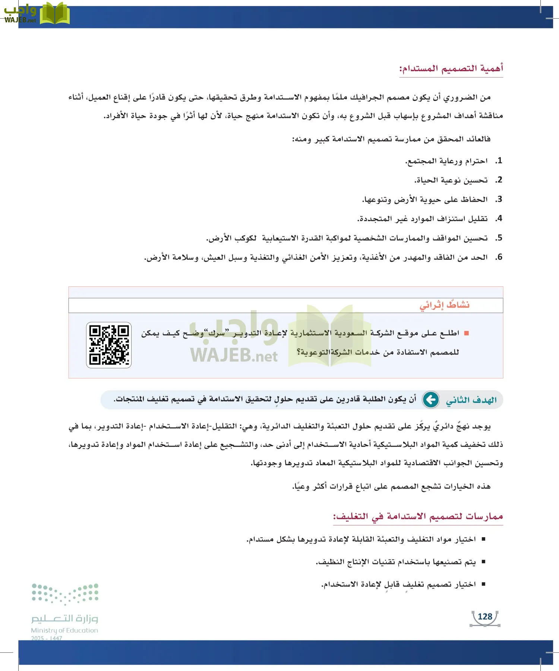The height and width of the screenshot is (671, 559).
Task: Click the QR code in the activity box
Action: click(109, 345)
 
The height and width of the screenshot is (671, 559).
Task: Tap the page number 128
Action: click(485, 617)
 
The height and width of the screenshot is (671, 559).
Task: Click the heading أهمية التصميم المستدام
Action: click(451, 69)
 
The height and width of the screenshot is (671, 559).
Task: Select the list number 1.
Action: click(499, 161)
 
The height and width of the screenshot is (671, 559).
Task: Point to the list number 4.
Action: click(499, 218)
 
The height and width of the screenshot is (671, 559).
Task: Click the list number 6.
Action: click(499, 257)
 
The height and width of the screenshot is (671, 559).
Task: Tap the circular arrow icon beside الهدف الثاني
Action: click(431, 400)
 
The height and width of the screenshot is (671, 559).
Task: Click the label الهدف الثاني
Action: click(471, 400)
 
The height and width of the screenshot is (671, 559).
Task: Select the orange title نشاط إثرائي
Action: click(445, 305)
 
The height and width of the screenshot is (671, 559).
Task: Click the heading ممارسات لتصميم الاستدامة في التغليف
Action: click(418, 516)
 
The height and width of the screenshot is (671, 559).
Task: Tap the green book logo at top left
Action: click(55, 14)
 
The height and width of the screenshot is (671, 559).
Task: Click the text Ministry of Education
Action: click(64, 630)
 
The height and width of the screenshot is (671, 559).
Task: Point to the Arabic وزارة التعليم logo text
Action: click(64, 618)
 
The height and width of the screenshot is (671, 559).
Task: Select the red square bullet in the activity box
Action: click(466, 333)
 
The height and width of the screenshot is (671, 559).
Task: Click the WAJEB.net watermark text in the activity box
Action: click(234, 356)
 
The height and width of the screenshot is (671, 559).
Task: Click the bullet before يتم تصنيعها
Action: click(483, 562)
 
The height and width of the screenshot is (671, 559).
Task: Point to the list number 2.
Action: click(499, 180)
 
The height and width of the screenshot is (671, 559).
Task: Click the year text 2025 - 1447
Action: click(47, 638)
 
